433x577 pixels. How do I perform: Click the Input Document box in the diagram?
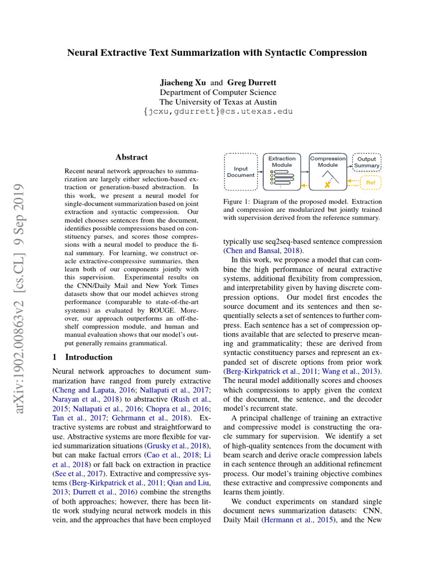coord(241,171)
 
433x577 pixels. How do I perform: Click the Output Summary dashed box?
coord(367,162)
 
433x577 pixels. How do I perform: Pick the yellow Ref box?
coord(370,183)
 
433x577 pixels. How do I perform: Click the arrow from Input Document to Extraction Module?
coord(262,172)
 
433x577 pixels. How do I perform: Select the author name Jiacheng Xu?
coord(184,82)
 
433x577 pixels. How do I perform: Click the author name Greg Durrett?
coord(251,82)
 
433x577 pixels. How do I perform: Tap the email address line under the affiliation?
coord(218,112)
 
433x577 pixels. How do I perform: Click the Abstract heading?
coord(131,157)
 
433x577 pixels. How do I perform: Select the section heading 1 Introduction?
coord(82,357)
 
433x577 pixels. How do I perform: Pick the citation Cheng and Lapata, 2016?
coord(86,389)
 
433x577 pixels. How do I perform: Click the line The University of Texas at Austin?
coord(218,102)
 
